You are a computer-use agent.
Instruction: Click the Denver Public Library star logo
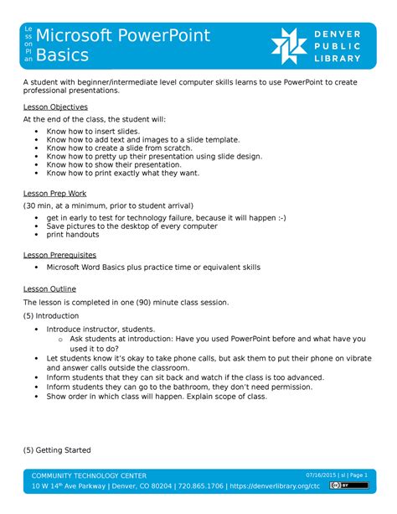[290, 46]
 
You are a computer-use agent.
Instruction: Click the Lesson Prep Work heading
[54, 194]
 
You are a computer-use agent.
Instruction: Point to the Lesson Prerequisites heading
[59, 254]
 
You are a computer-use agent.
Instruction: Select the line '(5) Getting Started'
[57, 449]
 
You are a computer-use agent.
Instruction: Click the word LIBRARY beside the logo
[341, 59]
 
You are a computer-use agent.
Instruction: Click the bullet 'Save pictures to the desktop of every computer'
[131, 226]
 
